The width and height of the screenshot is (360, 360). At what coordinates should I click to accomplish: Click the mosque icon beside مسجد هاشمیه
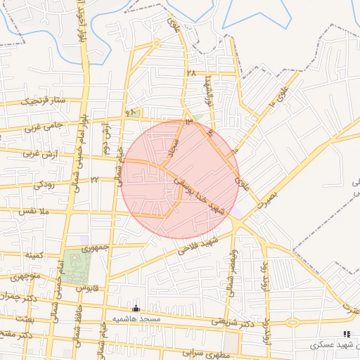tap(136, 309)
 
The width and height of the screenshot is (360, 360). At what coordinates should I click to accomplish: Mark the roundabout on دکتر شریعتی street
tap(292, 323)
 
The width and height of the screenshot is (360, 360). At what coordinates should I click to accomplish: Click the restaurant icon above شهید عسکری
tap(345, 334)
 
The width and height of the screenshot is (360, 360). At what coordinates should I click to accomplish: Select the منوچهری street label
tap(24, 276)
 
